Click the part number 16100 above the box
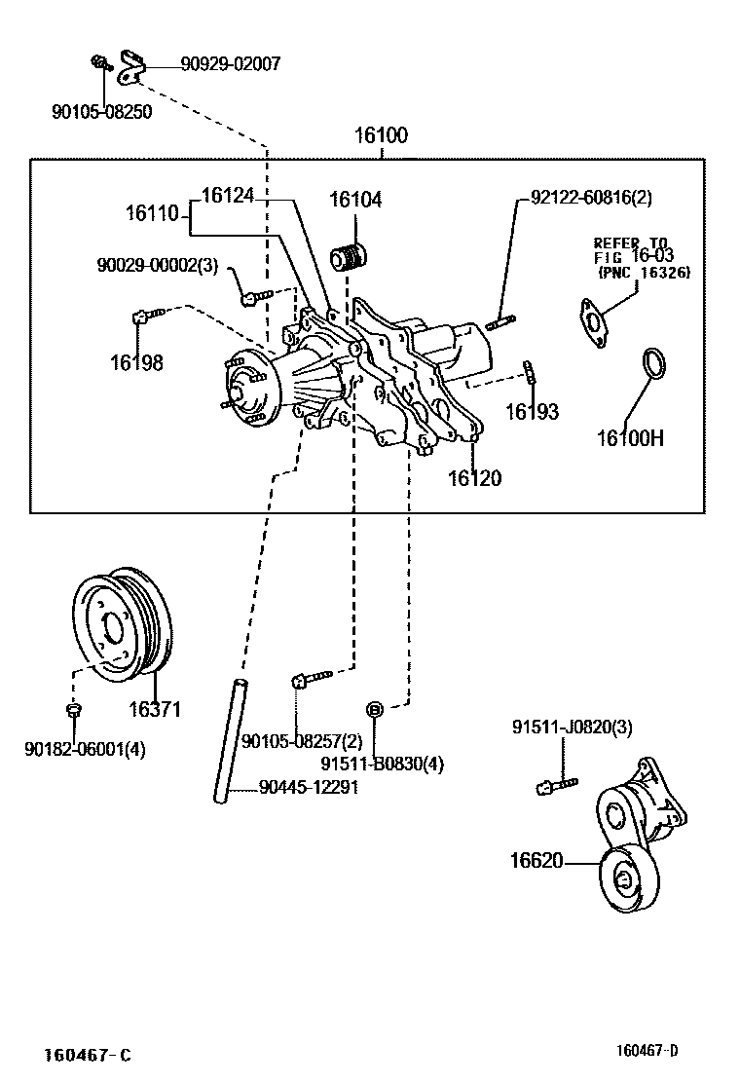pyautogui.click(x=381, y=135)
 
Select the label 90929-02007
pyautogui.click(x=230, y=64)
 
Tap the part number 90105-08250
pyautogui.click(x=101, y=112)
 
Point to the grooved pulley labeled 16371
pyautogui.click(x=124, y=623)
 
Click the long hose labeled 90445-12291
pyautogui.click(x=230, y=740)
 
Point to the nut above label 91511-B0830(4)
pyautogui.click(x=374, y=708)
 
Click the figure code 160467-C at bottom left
pyautogui.click(x=87, y=1056)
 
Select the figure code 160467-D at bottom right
pyautogui.click(x=647, y=1050)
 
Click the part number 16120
pyautogui.click(x=474, y=478)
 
